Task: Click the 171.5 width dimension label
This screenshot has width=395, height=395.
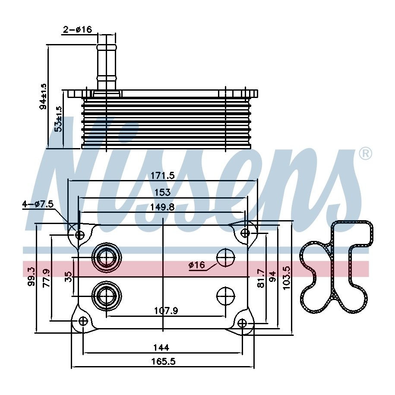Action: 162,175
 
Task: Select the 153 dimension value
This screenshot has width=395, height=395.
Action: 162,192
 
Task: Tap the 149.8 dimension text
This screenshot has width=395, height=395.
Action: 162,207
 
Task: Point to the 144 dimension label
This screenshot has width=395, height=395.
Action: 161,348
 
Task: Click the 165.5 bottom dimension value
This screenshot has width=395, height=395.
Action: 163,362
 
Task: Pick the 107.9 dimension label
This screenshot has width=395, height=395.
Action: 166,311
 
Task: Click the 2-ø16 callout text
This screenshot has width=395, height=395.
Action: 77,29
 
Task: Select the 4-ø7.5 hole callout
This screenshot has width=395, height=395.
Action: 38,204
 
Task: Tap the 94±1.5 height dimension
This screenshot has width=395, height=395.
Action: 43,96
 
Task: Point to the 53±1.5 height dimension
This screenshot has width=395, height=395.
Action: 58,119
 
